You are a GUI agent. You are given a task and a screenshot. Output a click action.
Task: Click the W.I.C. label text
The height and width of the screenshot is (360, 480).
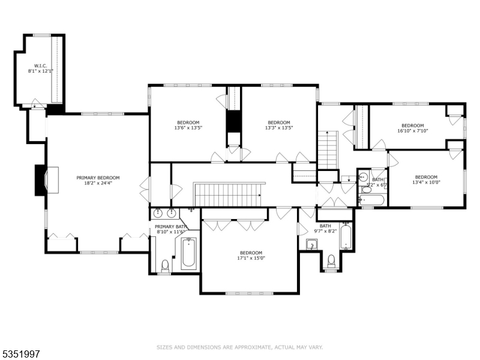click(40, 65)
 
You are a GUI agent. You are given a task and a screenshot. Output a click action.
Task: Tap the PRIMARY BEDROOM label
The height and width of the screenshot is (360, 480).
click(98, 178)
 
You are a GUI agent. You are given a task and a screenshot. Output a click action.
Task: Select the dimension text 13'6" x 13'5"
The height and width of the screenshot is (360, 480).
click(188, 128)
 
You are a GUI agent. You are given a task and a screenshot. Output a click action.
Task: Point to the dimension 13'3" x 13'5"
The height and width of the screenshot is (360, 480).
click(278, 128)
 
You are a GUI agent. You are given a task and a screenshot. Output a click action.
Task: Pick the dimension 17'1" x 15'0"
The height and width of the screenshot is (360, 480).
click(251, 259)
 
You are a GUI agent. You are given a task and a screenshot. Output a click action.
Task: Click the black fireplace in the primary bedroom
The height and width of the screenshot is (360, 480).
click(40, 179)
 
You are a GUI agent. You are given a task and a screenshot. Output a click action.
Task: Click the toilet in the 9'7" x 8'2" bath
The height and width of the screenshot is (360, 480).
click(331, 261)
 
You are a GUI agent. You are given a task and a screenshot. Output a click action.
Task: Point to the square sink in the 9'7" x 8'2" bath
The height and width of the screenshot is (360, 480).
click(311, 245)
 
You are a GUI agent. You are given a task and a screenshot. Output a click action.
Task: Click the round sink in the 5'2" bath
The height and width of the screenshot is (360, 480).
click(363, 178)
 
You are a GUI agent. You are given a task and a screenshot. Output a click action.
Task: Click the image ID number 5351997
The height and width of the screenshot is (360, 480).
click(20, 355)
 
